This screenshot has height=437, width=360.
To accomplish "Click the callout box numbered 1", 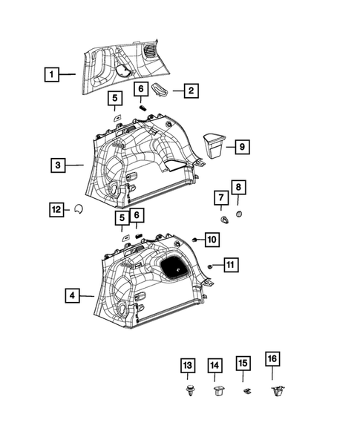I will pyautogui.click(x=50, y=74).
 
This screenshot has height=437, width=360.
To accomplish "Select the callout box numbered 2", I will pyautogui.click(x=191, y=91).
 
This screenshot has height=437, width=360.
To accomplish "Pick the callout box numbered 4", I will pyautogui.click(x=71, y=296).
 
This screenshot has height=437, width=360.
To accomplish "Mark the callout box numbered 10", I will pyautogui.click(x=212, y=240).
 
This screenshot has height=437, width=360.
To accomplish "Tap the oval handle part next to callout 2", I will pyautogui.click(x=163, y=89).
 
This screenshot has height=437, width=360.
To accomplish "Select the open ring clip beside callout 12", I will pyautogui.click(x=78, y=210).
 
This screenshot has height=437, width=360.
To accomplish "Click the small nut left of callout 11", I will pyautogui.click(x=211, y=265).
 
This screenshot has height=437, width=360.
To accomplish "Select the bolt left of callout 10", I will pyautogui.click(x=194, y=240).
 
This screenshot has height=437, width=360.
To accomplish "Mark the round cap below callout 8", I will pyautogui.click(x=239, y=214).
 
